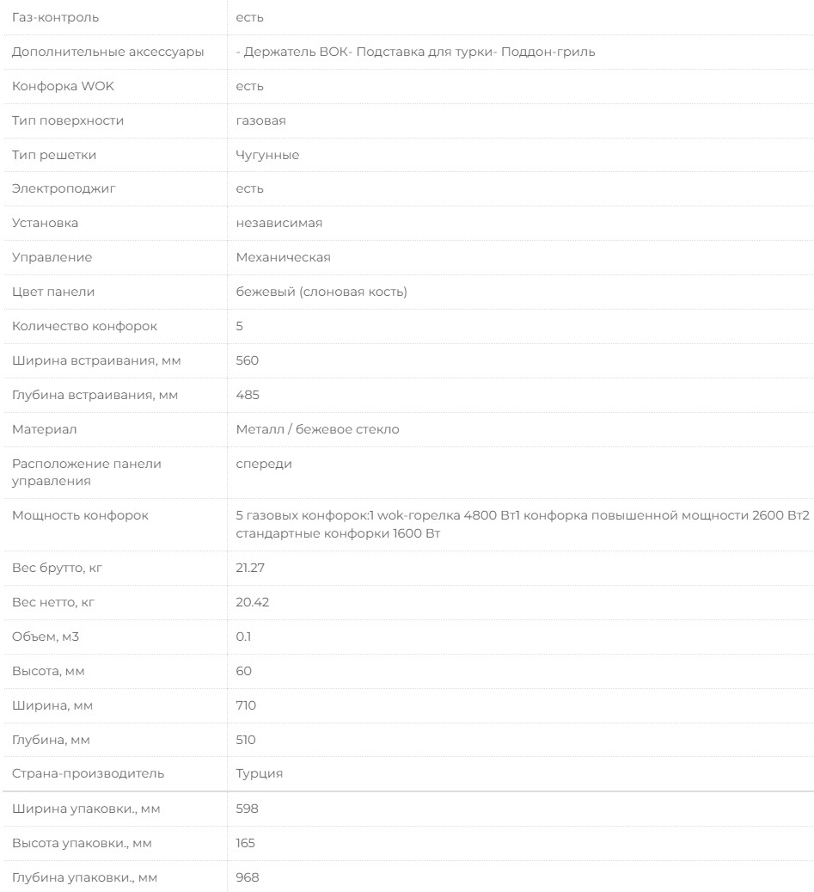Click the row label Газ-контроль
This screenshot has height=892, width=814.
point(55,17)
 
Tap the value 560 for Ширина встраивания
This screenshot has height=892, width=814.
point(248,360)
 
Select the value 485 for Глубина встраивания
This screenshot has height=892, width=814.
point(248,395)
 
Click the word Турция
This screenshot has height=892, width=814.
point(260,773)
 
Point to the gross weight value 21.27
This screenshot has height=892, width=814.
point(250,568)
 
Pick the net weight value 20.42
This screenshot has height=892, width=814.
point(252,602)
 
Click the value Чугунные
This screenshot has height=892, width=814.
point(267,155)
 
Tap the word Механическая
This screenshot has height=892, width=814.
point(284,257)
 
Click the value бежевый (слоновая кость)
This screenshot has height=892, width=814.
point(321,292)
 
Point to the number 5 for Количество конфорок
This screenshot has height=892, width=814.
point(240,326)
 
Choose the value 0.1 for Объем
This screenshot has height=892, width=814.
point(244,637)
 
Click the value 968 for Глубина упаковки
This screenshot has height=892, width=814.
point(248,877)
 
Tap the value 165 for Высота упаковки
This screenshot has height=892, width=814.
point(246,843)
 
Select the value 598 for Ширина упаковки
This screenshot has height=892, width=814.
point(248,809)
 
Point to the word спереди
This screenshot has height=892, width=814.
point(264,464)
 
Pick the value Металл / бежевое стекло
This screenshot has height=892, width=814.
point(317,429)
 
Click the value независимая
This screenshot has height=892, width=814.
point(279,223)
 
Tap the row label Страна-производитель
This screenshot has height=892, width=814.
point(87,773)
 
